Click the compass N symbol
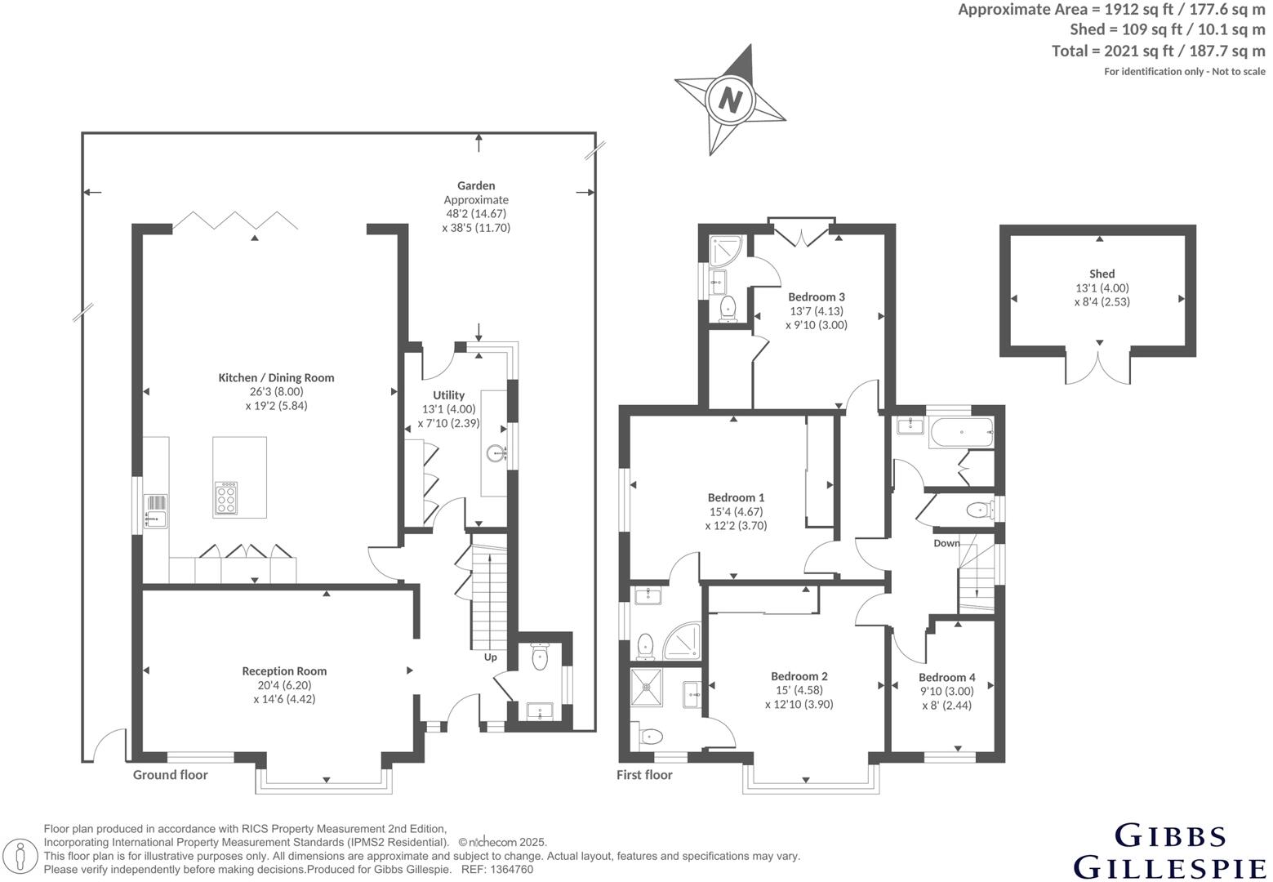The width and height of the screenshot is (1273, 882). coord(730,100)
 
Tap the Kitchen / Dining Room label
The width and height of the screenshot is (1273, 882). coord(276,377)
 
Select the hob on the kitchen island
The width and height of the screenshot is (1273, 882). coord(226,497)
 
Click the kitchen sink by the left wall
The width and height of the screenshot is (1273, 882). coord(155,518)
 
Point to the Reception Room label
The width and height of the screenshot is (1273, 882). coord(284,670)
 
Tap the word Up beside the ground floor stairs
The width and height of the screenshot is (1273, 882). coord(490,657)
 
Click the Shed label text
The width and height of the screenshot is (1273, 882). coord(1102,274)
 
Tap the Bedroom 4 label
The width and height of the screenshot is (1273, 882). coord(946,677)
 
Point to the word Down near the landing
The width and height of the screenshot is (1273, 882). coord(946,543)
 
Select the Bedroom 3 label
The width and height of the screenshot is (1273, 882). coord(816,296)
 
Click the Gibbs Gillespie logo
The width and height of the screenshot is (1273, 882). coord(1170,851)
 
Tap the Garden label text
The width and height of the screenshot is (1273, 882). coord(476,185)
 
